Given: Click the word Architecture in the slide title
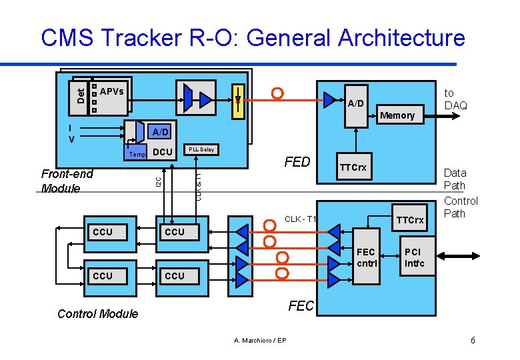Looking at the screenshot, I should coord(401,38).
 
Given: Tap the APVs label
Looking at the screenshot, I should coord(111,91).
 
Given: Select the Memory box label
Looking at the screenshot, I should coord(397,115).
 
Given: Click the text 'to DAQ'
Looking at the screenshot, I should coord(455,99).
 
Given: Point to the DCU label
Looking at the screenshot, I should coord(163,153).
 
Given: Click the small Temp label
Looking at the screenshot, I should coord(138,154).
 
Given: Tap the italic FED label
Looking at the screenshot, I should coord(297,162).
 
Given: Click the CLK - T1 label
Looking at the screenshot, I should coord(300,219).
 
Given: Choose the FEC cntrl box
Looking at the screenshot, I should coord(367,257).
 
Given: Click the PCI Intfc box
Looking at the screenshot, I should coord(413,257).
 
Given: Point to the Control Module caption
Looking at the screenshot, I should coord(98,313).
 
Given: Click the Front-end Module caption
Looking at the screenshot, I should coord(67,181).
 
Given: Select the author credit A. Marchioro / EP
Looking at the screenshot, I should coord(260,341).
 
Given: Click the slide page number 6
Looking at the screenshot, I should coord(473,341).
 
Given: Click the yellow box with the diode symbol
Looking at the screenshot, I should coord(238,99).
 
